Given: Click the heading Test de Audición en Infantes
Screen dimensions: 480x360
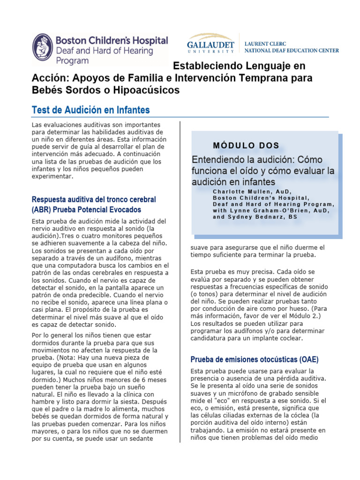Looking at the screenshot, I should pos(90,110).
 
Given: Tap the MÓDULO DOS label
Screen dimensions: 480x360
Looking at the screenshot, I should pos(246,145).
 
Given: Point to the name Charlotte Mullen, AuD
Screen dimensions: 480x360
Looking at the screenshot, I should pos(252,191).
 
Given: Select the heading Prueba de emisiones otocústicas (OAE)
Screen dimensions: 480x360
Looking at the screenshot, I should pos(254,360).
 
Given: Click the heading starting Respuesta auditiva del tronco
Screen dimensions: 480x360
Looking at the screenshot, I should pos(94,199).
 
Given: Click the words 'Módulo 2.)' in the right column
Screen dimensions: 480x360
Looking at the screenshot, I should pos(311,315).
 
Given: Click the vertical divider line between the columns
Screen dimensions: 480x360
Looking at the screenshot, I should pos(180,281).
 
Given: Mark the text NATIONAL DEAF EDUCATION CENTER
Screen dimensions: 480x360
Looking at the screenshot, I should pos(292,50).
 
